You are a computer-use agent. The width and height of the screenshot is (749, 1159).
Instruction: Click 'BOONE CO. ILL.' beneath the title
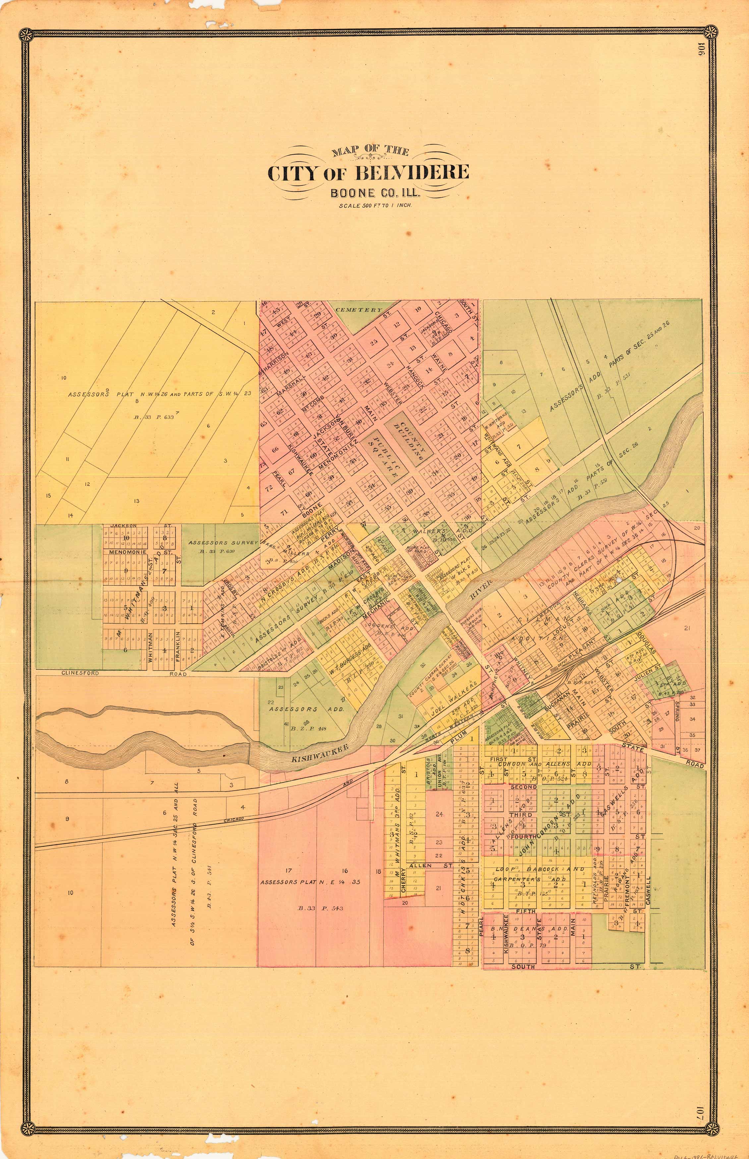click(375, 193)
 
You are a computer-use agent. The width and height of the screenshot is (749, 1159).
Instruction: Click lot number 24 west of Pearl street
click(439, 814)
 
